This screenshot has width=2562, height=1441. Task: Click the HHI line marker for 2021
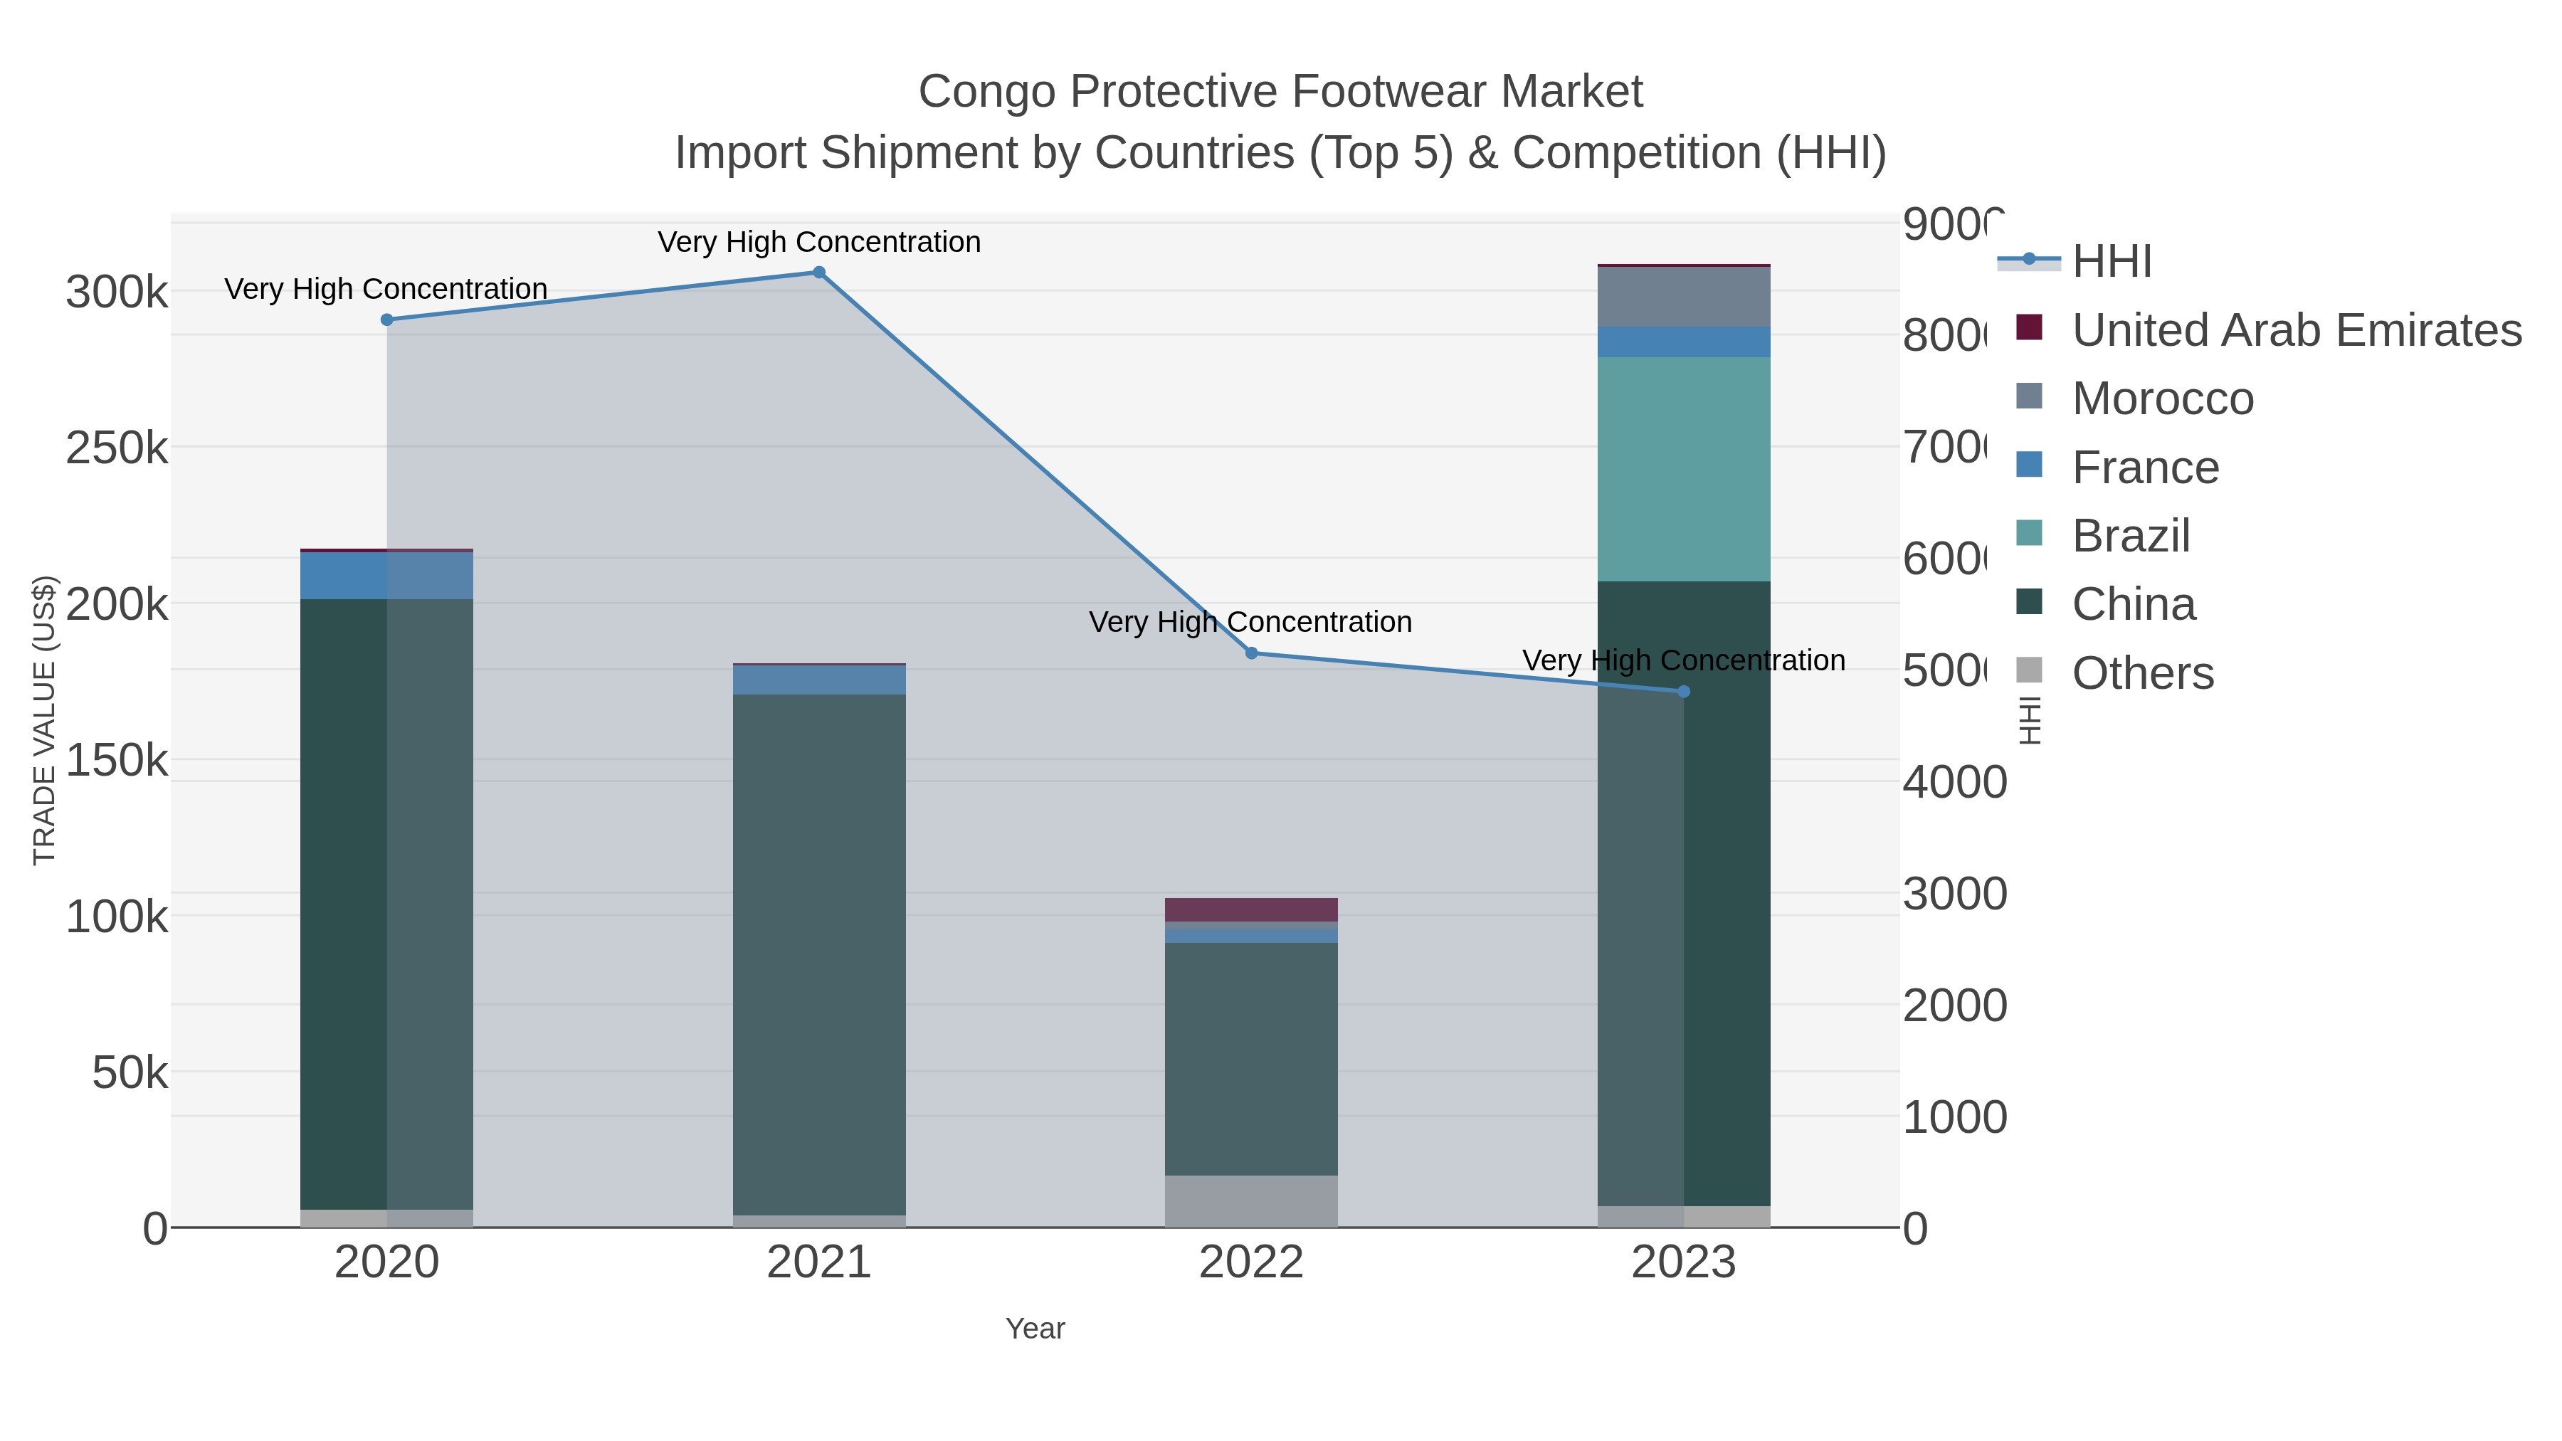(818, 273)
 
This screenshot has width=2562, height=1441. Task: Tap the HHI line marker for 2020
(387, 320)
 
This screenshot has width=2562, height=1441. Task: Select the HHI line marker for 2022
(1251, 653)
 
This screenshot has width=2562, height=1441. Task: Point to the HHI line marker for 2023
(1684, 691)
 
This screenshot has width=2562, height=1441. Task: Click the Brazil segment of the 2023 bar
(1684, 468)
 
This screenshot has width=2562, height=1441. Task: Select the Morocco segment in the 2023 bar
(1684, 296)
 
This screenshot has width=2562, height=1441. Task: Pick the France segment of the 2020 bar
(387, 575)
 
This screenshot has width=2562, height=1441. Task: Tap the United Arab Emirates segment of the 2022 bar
(1251, 909)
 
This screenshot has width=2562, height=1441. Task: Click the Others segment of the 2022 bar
(1251, 1200)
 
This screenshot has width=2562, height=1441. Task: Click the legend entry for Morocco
(2161, 398)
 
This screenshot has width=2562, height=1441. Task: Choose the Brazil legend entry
(2129, 536)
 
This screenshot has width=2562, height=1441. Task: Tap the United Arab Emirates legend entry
(2295, 330)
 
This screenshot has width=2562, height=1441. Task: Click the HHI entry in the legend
(2111, 262)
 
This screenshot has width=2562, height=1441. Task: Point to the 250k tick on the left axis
(117, 448)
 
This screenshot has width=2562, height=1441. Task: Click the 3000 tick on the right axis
(1954, 894)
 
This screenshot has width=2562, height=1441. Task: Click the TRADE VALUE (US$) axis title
(45, 720)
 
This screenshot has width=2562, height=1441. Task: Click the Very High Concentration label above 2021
(818, 242)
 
